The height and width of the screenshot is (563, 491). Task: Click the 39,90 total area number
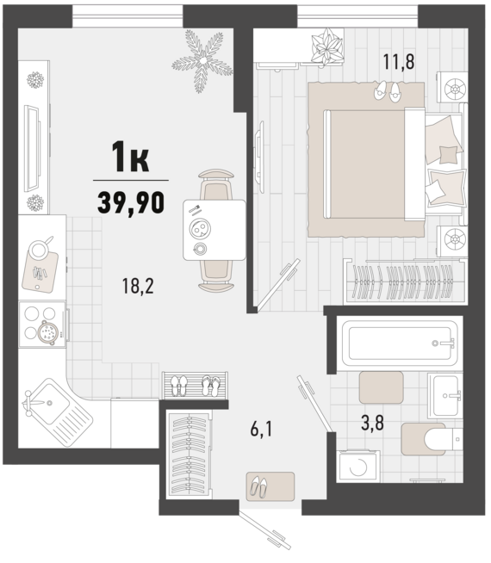coord(131,202)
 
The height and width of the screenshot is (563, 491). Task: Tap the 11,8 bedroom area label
coord(399,61)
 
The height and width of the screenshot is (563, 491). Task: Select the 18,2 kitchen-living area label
coord(138,286)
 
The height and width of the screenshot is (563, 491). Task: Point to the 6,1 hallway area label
coord(262,429)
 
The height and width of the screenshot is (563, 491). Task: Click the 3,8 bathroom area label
coord(372,423)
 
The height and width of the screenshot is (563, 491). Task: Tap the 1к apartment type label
coord(130,157)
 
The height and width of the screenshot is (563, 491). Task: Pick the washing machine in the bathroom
coord(358,466)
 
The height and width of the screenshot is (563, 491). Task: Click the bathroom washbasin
coord(445,395)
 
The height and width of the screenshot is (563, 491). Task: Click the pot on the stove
coord(47,333)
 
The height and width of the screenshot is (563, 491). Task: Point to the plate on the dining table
coord(200,228)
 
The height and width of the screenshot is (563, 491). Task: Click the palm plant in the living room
coord(202,60)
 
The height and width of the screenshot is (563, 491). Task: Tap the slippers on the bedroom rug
coord(387,91)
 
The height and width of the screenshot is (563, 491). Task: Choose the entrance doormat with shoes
coord(270,486)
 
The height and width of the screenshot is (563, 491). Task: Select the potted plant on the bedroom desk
coord(326,47)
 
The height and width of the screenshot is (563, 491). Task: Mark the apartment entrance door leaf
coord(265,530)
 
